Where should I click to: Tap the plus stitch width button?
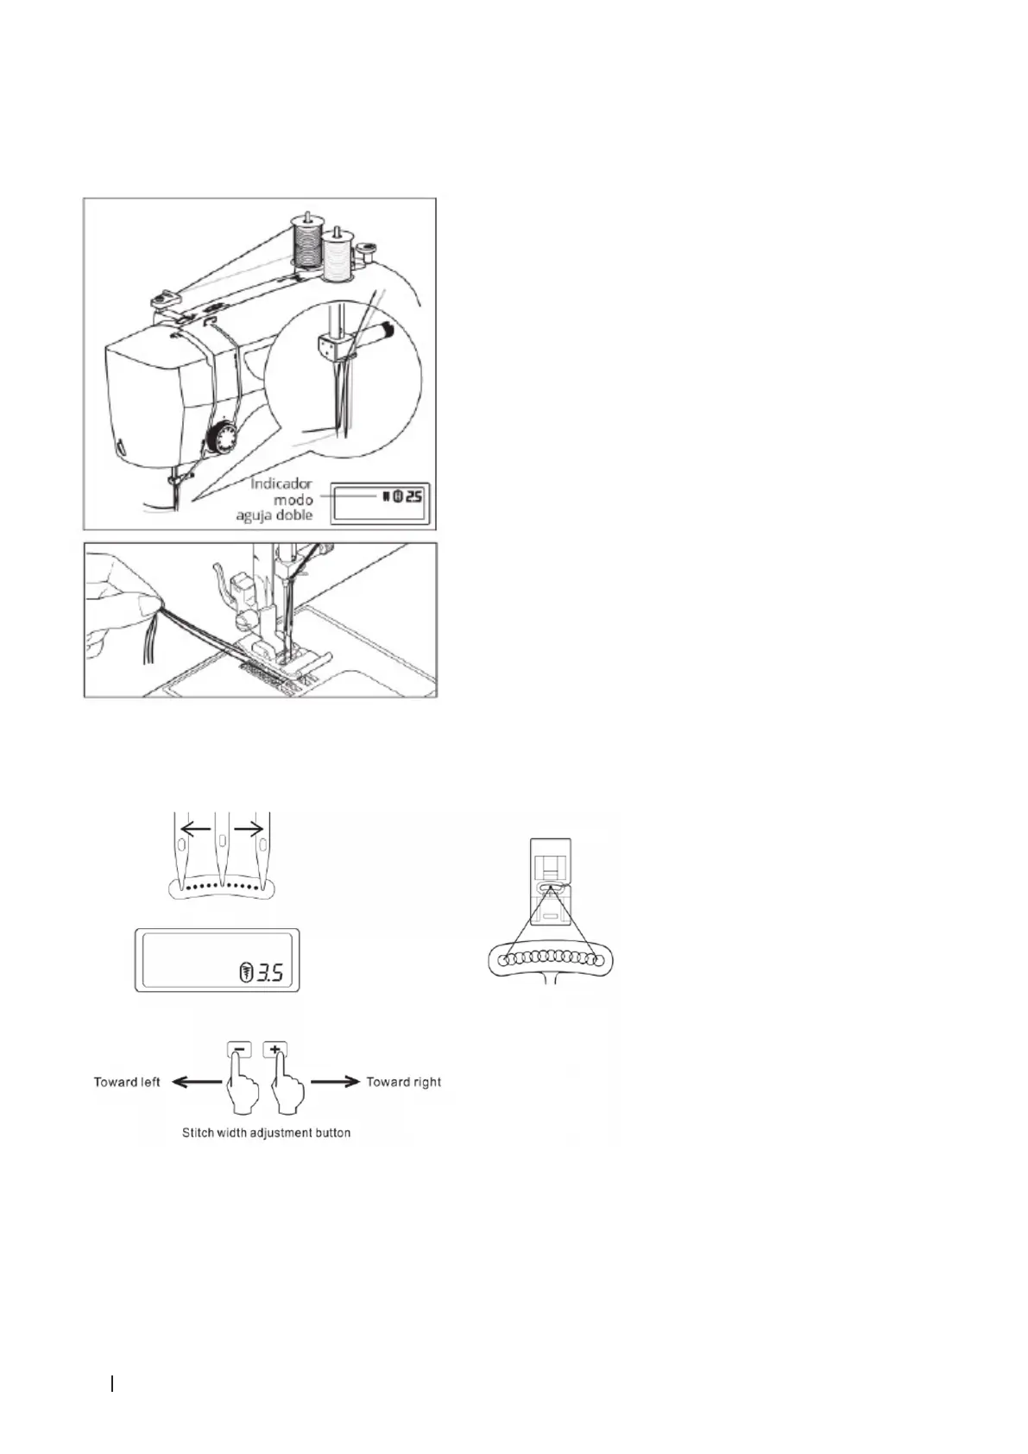[275, 1050]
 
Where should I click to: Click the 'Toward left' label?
[127, 1082]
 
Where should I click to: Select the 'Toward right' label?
[403, 1082]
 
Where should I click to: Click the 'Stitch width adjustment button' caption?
[266, 1132]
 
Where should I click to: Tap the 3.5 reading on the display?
[270, 974]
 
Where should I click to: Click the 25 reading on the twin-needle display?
[413, 496]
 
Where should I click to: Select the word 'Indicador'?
[281, 484]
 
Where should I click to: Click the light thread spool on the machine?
[337, 256]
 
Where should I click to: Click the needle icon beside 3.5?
[245, 974]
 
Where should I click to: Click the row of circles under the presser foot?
[550, 958]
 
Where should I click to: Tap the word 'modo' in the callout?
[293, 500]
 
